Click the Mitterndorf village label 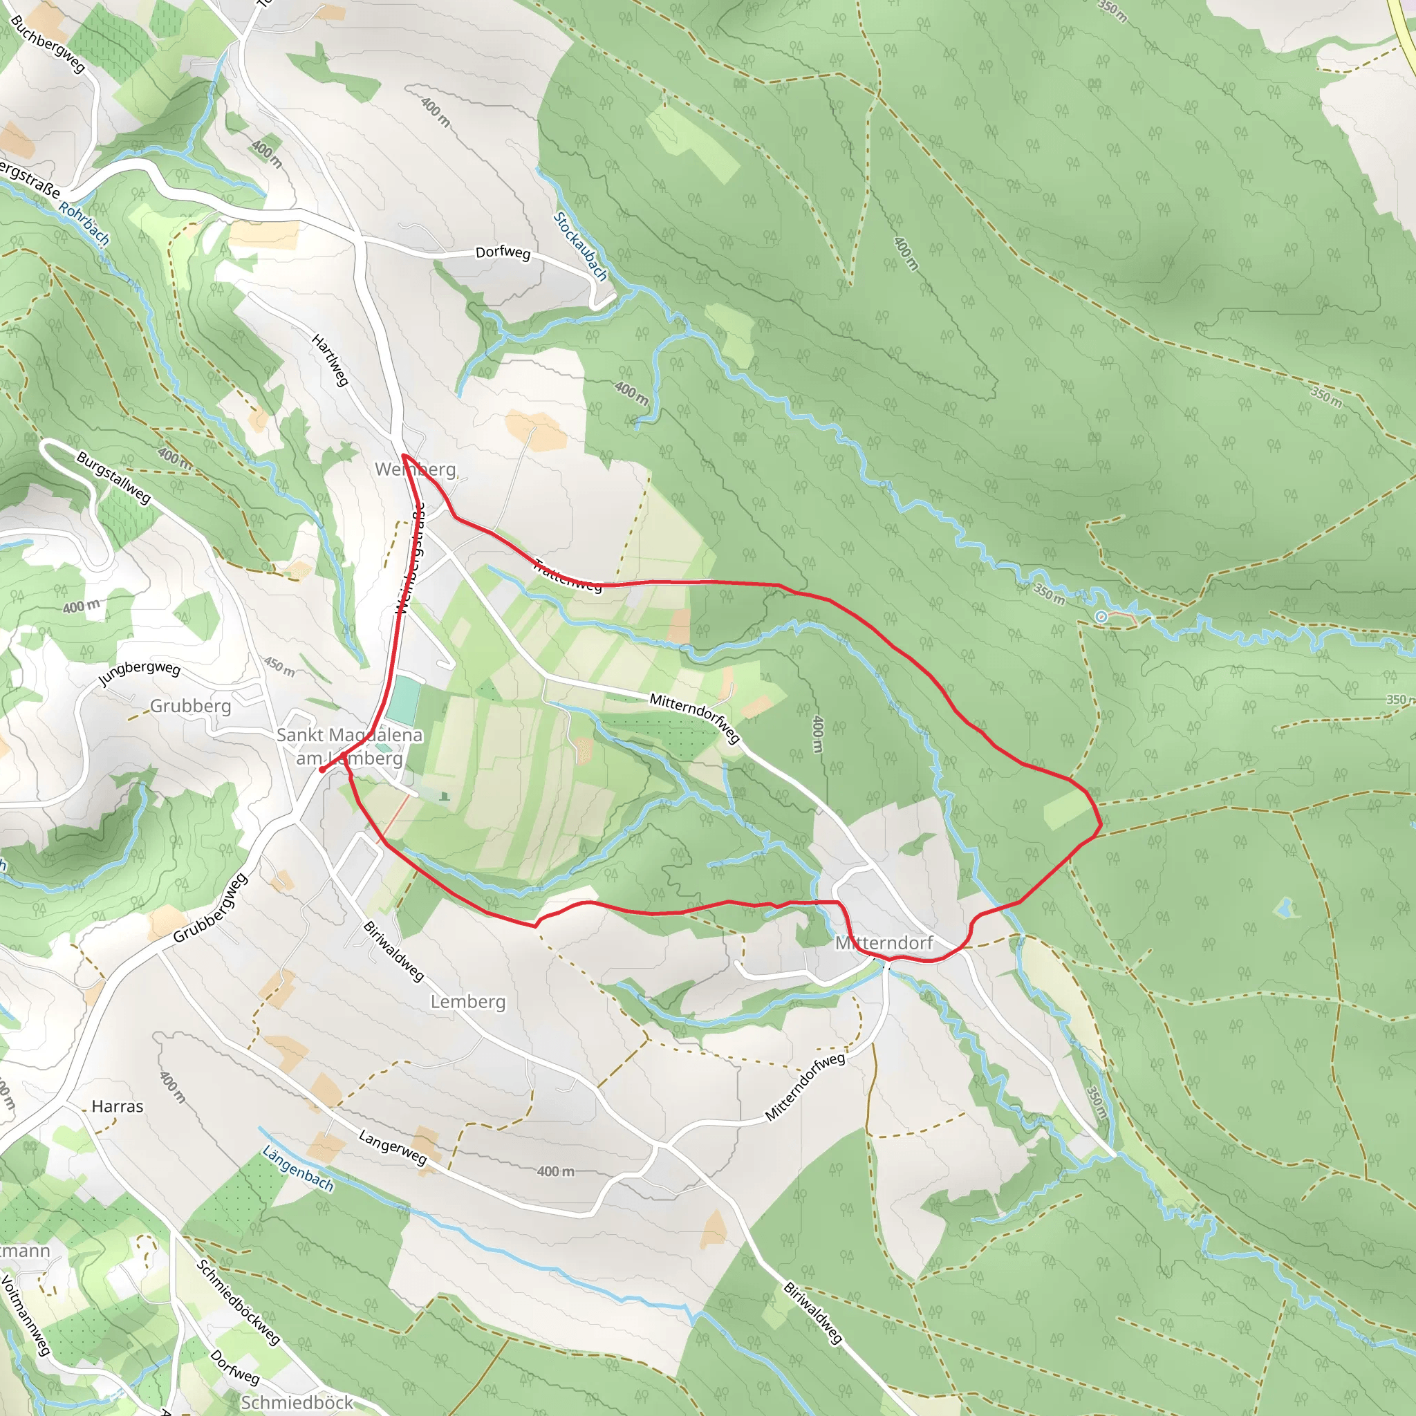(884, 942)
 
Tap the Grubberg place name (191, 706)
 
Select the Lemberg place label (467, 1001)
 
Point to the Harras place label (118, 1106)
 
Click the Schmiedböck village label (296, 1401)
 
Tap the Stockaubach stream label (581, 246)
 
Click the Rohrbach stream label (84, 223)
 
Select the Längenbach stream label (297, 1169)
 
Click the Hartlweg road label (330, 360)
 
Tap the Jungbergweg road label (139, 673)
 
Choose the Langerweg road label (392, 1147)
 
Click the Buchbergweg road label (48, 45)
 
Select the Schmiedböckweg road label (239, 1302)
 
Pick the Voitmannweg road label (25, 1316)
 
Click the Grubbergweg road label (210, 908)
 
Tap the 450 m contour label (279, 667)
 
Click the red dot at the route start (322, 770)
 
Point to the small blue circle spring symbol (1101, 617)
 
